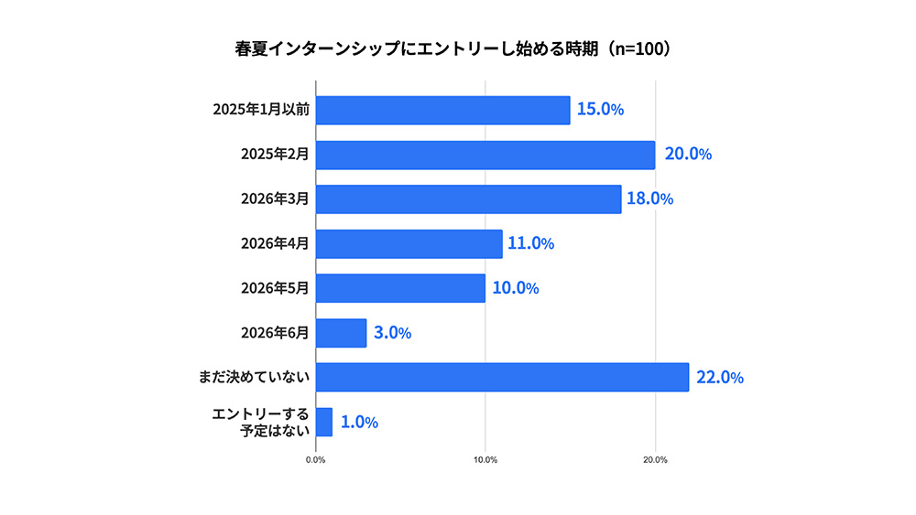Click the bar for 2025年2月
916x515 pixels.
click(x=485, y=155)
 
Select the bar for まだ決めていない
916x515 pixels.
click(x=502, y=377)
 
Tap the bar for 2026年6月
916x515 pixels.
click(x=341, y=333)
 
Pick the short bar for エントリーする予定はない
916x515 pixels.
click(x=324, y=422)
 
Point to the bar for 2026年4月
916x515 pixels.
click(x=409, y=243)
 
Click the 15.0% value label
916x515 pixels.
click(x=600, y=110)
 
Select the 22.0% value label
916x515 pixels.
click(x=719, y=377)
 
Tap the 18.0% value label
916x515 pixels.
click(x=649, y=198)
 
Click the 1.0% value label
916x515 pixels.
click(x=359, y=422)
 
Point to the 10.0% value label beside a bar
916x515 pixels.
click(x=515, y=288)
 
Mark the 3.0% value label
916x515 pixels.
click(x=392, y=333)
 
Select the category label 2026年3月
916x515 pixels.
click(x=275, y=198)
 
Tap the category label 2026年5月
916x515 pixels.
click(x=275, y=288)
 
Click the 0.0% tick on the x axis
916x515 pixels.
click(x=315, y=459)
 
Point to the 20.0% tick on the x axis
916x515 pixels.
click(x=655, y=459)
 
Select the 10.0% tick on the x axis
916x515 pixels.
click(x=485, y=459)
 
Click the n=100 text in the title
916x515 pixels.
click(x=639, y=48)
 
